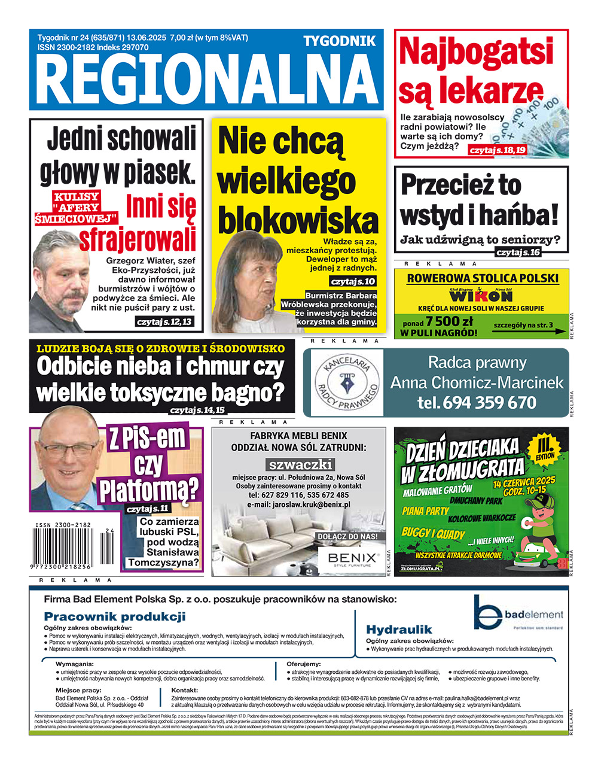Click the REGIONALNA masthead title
(x=206, y=79)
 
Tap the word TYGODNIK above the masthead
(x=339, y=41)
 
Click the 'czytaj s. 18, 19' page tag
(x=498, y=150)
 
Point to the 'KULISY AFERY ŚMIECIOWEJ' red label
(x=77, y=207)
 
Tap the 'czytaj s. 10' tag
(x=353, y=281)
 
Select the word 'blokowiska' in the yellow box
(x=297, y=220)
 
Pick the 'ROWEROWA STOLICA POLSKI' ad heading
(x=482, y=278)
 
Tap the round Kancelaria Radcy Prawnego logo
(x=347, y=382)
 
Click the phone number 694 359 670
(x=477, y=402)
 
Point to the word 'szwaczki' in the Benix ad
(x=300, y=464)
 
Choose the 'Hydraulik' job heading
(x=399, y=629)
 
